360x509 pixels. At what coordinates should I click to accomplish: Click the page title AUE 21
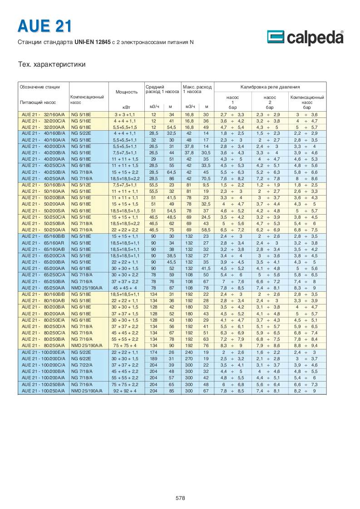point(44,26)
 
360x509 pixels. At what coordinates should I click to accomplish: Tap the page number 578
point(180,498)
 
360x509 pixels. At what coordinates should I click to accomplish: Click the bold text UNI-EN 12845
point(92,42)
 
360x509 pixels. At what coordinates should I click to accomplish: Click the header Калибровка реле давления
point(270,87)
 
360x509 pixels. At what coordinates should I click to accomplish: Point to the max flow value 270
point(189,358)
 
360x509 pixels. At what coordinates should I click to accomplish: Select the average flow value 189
point(153,358)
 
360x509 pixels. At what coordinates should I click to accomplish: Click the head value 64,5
point(171,172)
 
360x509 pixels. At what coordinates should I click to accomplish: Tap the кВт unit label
point(126,107)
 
